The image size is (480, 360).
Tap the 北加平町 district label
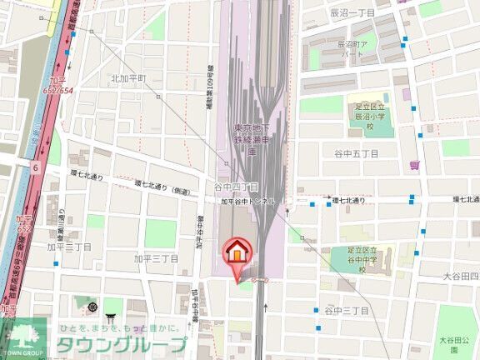coord(128,78)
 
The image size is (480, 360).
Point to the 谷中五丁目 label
coord(357,154)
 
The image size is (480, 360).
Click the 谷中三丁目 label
coord(346,310)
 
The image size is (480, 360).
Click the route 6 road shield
coord(36,167)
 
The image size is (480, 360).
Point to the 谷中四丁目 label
coord(236,187)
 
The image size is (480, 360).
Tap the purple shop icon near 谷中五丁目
coord(415,164)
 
